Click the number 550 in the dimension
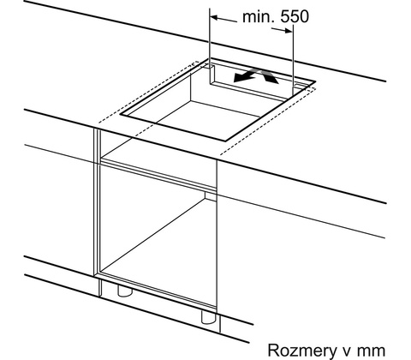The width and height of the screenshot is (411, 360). [x=295, y=17]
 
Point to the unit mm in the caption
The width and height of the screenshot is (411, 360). [x=372, y=351]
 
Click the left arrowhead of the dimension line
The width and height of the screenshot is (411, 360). [x=214, y=18]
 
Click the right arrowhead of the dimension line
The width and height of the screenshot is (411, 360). [x=289, y=31]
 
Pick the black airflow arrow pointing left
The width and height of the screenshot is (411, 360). [x=246, y=76]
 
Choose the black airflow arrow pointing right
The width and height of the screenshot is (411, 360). [x=269, y=76]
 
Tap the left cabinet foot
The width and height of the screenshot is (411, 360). [x=125, y=291]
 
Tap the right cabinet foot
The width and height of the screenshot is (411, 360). [x=209, y=317]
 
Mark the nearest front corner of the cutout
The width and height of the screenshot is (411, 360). [x=226, y=141]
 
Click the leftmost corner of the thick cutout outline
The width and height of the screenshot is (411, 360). [x=120, y=114]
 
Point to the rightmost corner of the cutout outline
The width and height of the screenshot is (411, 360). [x=315, y=81]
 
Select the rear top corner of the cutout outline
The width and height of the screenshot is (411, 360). [x=210, y=59]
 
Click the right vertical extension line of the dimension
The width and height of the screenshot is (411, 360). [x=293, y=60]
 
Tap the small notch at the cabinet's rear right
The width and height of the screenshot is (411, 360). [x=210, y=196]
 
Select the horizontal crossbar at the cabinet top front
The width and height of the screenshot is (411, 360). [x=158, y=175]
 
